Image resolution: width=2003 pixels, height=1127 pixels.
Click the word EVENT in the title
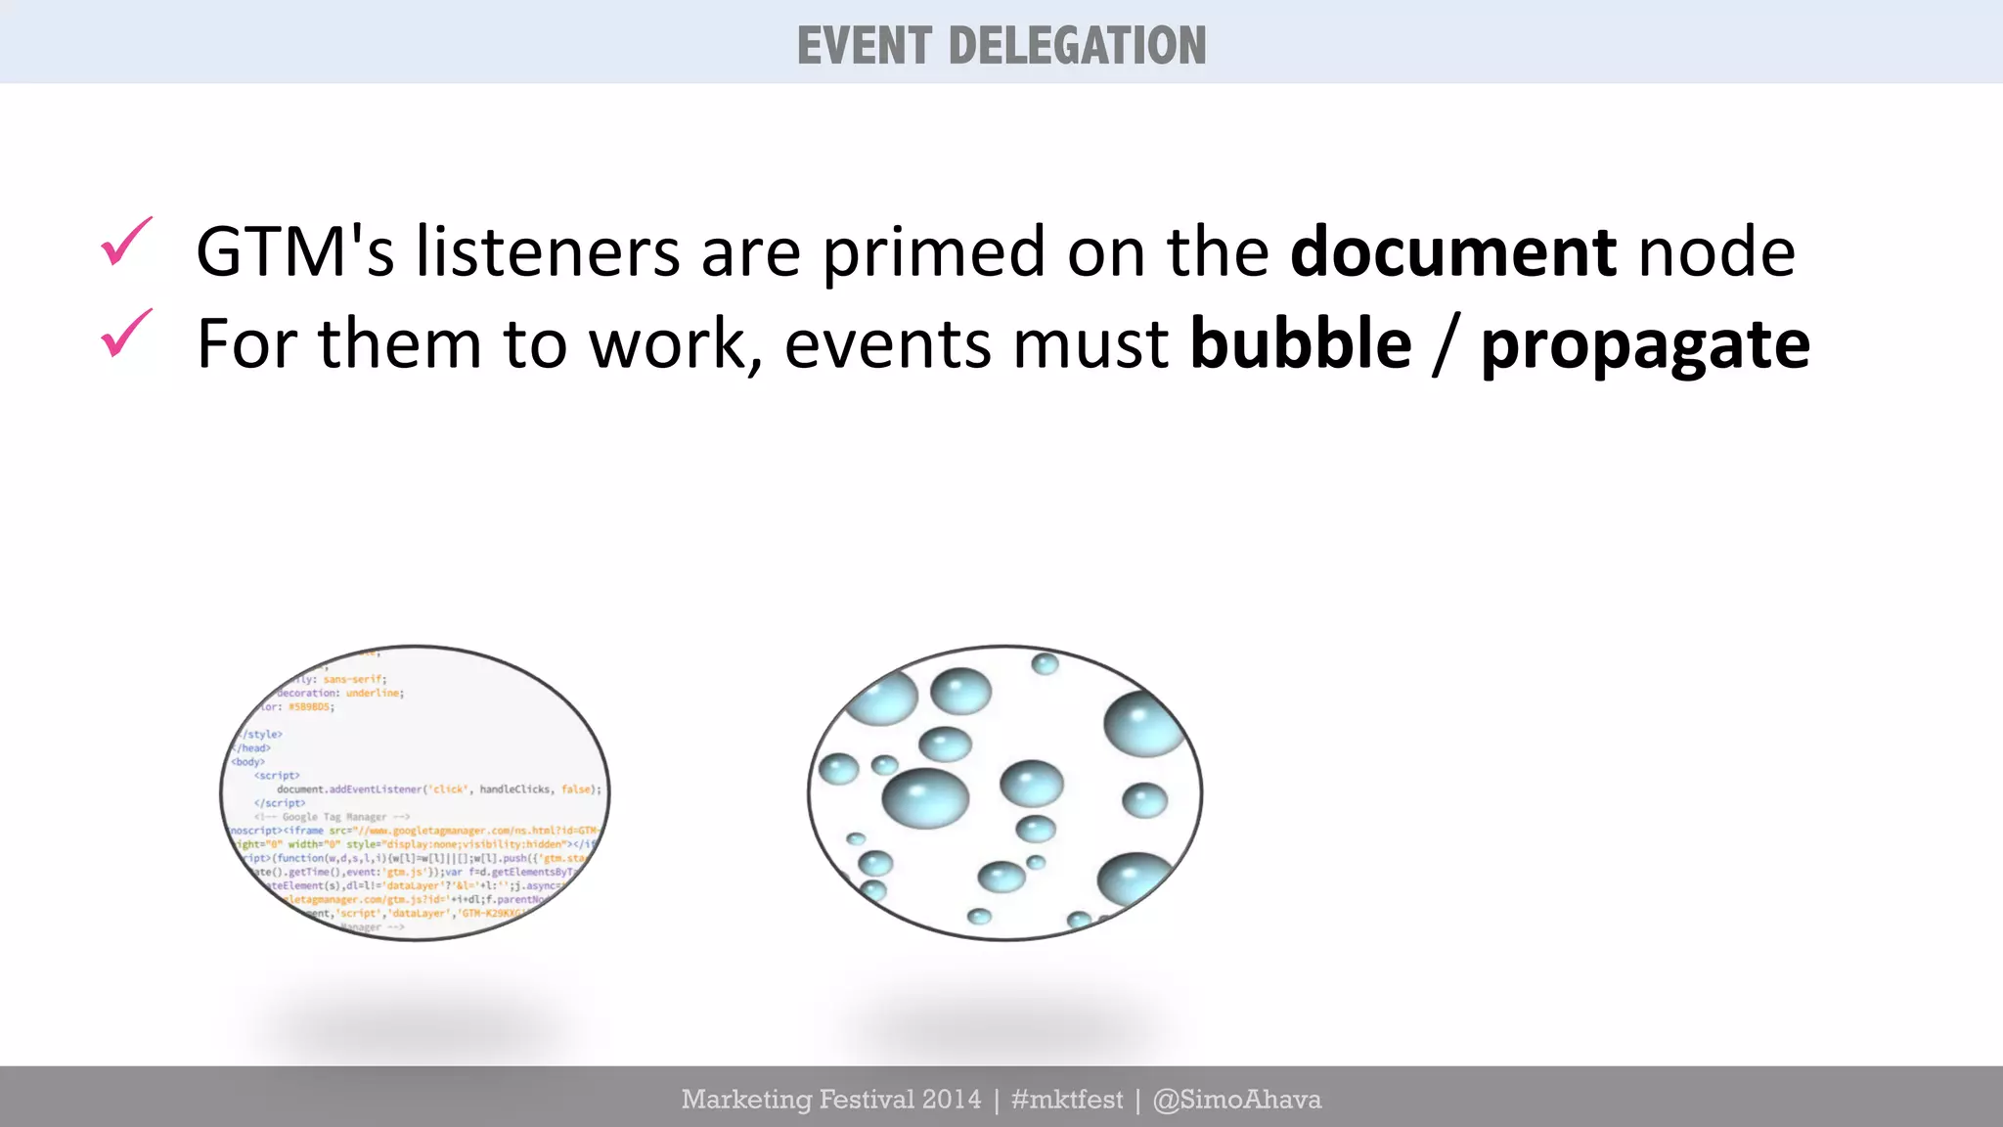864,46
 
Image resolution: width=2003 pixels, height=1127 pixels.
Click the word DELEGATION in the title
1077,46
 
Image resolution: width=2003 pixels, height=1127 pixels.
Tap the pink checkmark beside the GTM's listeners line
126,242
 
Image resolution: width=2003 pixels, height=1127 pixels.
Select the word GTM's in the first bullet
294,251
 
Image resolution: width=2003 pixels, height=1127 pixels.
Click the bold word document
1452,251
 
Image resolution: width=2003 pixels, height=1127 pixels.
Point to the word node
1716,251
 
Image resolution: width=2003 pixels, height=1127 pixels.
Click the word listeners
548,251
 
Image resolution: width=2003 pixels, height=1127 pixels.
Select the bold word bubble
1301,343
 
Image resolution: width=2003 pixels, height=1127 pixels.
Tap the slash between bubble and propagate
1445,344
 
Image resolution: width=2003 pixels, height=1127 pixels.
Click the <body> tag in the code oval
247,761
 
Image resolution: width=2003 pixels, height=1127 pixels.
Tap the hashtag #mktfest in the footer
1067,1100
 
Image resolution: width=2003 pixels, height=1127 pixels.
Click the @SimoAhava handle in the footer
1237,1100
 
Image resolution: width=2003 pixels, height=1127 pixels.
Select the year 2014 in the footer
951,1100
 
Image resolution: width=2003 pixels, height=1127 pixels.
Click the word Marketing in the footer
746,1100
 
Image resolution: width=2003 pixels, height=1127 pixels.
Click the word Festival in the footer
866,1100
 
